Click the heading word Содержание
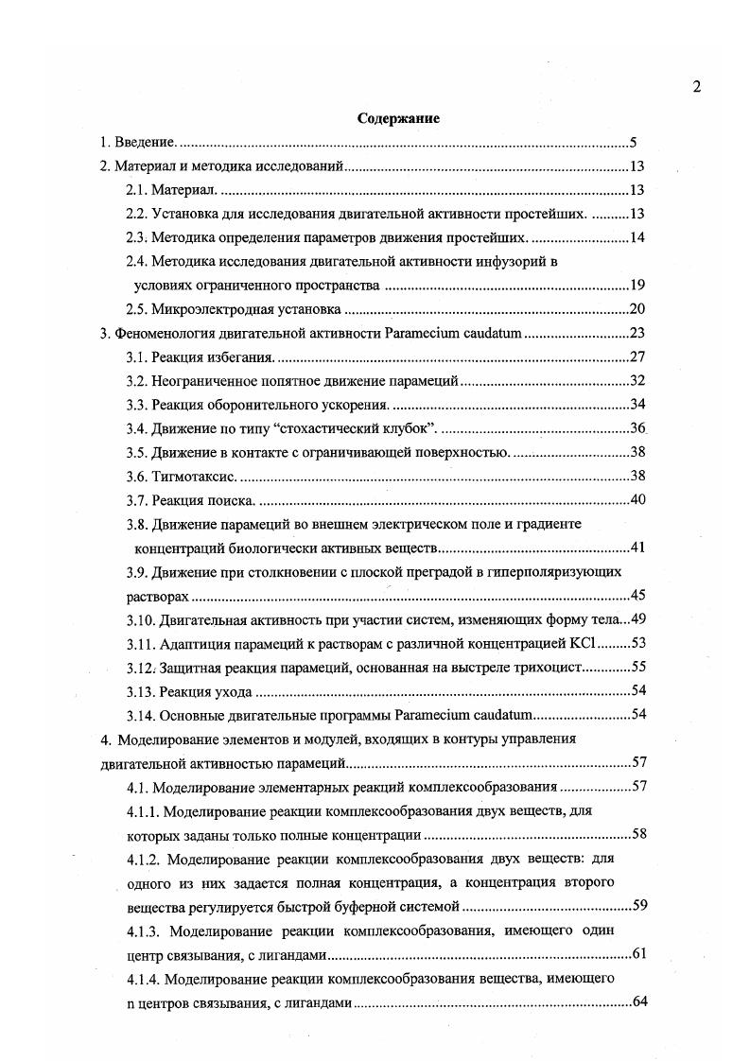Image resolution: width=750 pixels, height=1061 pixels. pyautogui.click(x=399, y=119)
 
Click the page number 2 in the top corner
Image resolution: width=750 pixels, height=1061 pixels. pyautogui.click(x=697, y=87)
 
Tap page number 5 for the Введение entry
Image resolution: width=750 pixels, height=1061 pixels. pyautogui.click(x=634, y=143)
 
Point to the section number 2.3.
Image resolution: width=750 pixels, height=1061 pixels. pyautogui.click(x=138, y=236)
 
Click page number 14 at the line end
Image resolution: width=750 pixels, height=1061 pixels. pyautogui.click(x=637, y=236)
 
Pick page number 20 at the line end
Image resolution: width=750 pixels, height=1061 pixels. pyautogui.click(x=637, y=309)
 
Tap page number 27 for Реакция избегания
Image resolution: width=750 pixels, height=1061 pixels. pyautogui.click(x=637, y=357)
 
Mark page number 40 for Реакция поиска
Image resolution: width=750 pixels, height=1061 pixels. pyautogui.click(x=637, y=499)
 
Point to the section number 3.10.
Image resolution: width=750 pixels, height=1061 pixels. pyautogui.click(x=142, y=619)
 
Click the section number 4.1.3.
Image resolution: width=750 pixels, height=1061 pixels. pyautogui.click(x=147, y=931)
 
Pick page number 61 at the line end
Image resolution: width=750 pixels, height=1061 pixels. pyautogui.click(x=638, y=953)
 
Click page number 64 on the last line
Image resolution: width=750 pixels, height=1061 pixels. pyautogui.click(x=638, y=1001)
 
